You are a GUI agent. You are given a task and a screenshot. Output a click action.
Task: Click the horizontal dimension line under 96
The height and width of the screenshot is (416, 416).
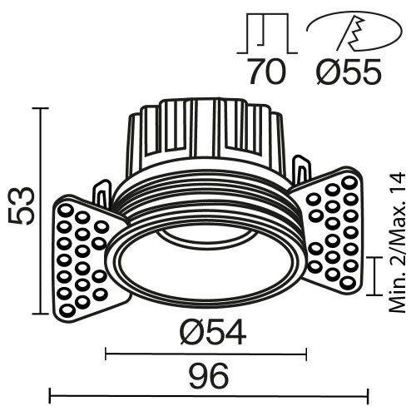[x=208, y=394]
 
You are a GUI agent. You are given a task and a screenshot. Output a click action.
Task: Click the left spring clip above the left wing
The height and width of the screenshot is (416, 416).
[x=102, y=194]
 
